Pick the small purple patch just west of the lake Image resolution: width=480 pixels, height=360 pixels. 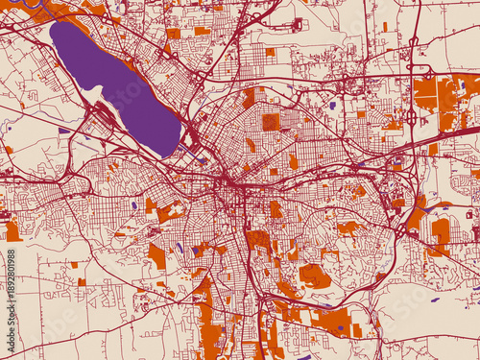[x=63, y=130]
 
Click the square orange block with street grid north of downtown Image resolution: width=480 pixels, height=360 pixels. [x=272, y=122]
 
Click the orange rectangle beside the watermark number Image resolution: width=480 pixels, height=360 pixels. [x=12, y=231]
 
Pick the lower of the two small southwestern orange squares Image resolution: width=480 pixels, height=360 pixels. [x=82, y=282]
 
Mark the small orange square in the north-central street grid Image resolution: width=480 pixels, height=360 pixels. [x=270, y=52]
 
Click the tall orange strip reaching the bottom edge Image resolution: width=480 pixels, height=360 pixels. [x=205, y=326]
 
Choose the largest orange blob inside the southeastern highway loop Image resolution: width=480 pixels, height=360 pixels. [x=314, y=276]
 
